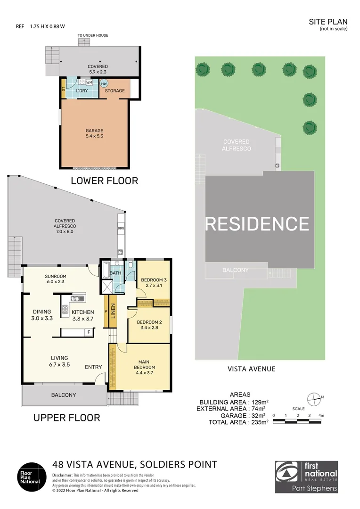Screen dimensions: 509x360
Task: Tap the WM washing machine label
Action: (x=89, y=82)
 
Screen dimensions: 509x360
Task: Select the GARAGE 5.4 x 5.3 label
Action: (x=94, y=133)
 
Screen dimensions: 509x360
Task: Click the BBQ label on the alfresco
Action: (x=120, y=229)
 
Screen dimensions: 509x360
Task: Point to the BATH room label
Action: (x=115, y=273)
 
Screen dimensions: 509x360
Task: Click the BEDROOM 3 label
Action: (x=154, y=283)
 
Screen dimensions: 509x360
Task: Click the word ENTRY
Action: (x=93, y=367)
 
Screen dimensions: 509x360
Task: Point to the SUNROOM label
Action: (x=56, y=279)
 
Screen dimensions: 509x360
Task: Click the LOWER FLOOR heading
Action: (x=104, y=181)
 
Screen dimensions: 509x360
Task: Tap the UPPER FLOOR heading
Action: (x=66, y=418)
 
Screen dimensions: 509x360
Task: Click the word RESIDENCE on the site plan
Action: (x=257, y=223)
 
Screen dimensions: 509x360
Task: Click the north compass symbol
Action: (x=313, y=397)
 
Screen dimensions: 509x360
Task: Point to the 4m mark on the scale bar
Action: (x=321, y=415)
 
